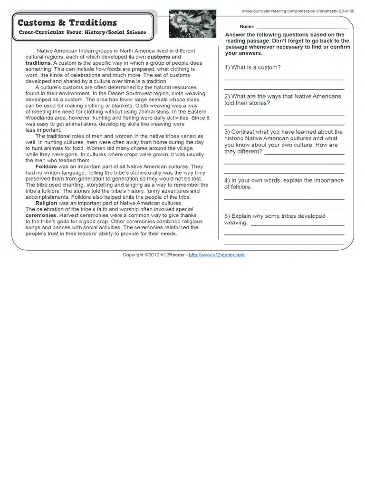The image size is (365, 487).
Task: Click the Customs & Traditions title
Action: point(67,23)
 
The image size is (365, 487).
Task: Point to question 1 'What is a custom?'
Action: point(252,67)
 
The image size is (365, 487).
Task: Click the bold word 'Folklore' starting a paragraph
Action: point(46,167)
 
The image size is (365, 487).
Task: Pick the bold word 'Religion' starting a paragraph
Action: point(46,203)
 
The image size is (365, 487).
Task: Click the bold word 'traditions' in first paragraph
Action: point(38,63)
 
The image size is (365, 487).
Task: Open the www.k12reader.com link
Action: point(217,255)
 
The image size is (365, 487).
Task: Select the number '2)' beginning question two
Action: point(227,96)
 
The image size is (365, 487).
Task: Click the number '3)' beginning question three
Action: point(227,132)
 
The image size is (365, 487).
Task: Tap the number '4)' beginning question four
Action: point(227,180)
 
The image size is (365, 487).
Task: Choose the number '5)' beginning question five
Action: point(227,216)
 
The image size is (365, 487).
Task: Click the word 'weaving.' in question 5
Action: point(236,223)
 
